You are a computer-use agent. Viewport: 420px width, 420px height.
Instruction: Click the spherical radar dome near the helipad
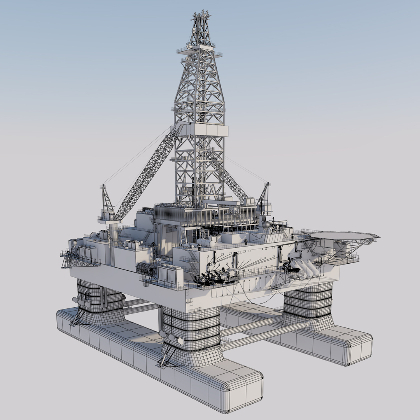(266, 225)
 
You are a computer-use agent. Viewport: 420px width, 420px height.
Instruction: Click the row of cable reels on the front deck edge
(146, 268)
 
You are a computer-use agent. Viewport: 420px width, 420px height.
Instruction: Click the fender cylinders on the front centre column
(171, 338)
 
